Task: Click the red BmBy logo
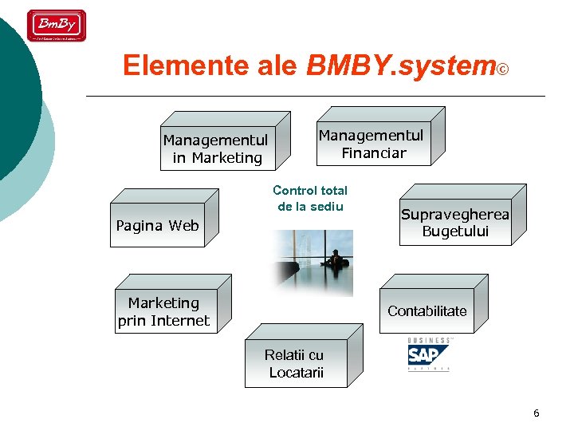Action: click(56, 26)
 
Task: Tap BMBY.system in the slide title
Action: click(399, 66)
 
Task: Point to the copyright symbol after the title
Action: click(502, 69)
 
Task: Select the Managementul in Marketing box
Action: click(215, 149)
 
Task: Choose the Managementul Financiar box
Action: click(372, 144)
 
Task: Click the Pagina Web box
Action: click(157, 226)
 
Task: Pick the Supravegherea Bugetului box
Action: click(455, 223)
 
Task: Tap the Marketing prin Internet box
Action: click(163, 312)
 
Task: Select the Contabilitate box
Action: click(427, 311)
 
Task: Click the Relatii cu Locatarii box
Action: click(295, 365)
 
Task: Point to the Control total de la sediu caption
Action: click(310, 199)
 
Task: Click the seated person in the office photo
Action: click(336, 259)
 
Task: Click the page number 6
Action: click(536, 413)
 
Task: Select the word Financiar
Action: click(374, 153)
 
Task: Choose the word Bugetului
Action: click(455, 232)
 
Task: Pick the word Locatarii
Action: click(296, 373)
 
